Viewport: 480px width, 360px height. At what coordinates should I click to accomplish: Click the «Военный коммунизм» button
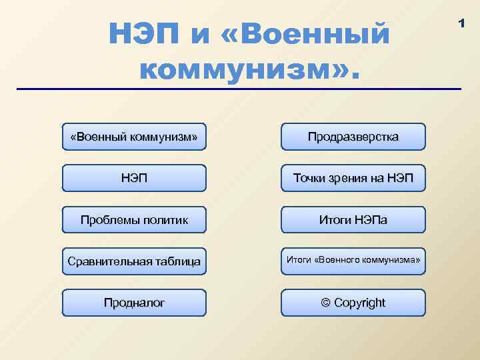pos(134,137)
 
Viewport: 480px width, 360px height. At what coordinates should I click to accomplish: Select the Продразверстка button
pos(353,137)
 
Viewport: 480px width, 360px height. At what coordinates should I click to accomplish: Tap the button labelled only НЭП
pos(134,178)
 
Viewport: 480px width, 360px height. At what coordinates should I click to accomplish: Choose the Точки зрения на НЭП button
pos(353,178)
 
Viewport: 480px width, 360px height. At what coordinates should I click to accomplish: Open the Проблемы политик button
pos(134,219)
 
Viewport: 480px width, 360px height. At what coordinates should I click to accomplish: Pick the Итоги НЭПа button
pos(353,219)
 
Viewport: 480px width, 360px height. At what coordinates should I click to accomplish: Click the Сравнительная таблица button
pos(134,261)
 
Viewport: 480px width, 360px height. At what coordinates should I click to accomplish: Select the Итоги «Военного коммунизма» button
pos(353,260)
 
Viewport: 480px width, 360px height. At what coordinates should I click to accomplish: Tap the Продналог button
pos(134,303)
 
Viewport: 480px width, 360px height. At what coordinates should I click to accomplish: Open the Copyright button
pos(353,303)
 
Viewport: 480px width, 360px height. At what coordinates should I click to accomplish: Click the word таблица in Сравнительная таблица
pos(176,261)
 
